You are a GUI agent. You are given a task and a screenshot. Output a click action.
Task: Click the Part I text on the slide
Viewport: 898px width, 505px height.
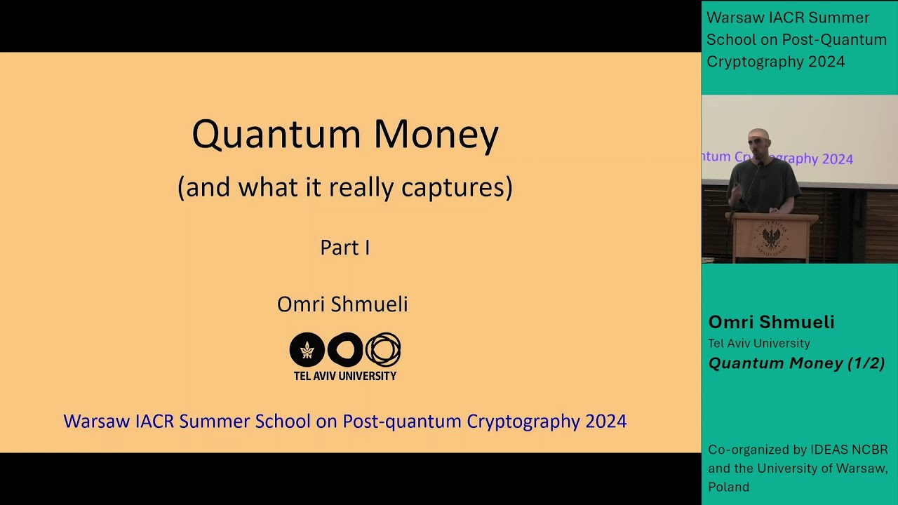pos(344,248)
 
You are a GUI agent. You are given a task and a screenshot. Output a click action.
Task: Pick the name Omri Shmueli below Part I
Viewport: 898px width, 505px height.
pos(342,304)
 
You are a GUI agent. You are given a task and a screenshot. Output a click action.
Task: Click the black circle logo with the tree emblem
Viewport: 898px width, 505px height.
pos(307,350)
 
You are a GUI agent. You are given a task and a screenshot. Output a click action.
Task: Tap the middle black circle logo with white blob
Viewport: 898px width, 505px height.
pos(345,350)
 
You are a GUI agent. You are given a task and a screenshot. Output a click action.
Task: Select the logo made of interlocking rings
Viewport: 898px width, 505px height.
pos(383,350)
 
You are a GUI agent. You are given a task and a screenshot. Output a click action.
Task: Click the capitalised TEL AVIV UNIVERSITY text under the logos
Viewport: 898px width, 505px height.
pos(344,376)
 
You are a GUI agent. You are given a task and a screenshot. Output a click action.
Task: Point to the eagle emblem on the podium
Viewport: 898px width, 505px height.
pos(770,238)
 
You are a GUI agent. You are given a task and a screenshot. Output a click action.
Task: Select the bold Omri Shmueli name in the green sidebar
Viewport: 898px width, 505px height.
pos(771,322)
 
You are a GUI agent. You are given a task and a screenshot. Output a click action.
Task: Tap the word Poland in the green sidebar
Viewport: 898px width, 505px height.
pos(728,487)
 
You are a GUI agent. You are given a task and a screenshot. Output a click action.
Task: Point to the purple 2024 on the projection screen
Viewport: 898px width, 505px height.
pos(837,159)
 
